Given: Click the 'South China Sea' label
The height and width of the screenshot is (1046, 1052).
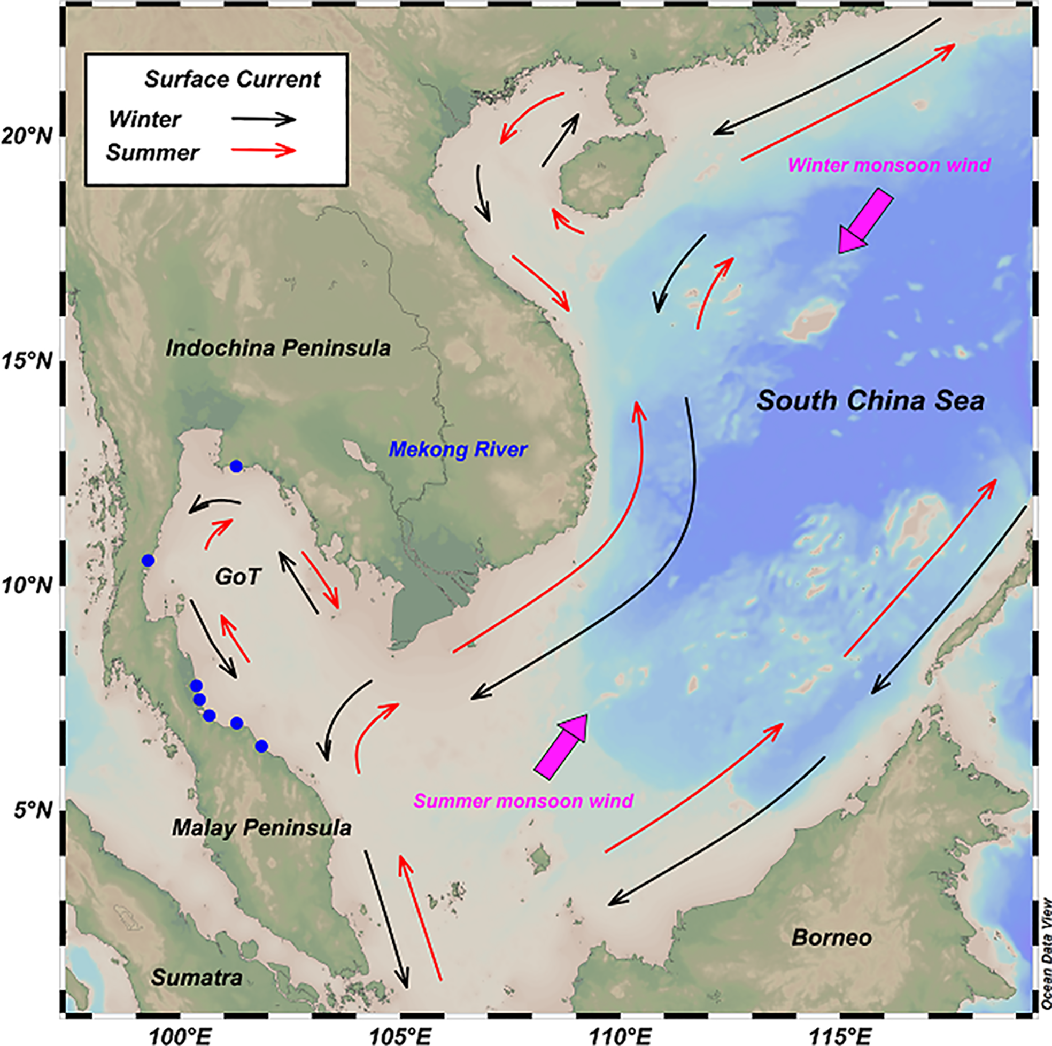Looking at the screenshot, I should [871, 401].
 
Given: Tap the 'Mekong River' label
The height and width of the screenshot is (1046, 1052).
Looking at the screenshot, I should [458, 450].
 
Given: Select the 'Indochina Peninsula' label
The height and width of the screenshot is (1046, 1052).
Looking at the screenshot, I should [279, 348].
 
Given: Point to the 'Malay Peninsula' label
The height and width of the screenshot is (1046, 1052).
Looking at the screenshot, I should [262, 828].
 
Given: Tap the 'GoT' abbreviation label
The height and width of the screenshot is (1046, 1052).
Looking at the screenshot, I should [238, 577].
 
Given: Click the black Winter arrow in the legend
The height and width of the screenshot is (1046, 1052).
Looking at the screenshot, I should [264, 119].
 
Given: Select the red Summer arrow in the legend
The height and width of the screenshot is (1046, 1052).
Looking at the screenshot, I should [264, 151].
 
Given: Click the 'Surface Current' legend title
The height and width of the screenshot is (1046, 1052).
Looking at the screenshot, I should [233, 80].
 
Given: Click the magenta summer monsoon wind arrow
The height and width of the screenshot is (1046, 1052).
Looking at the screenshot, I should [561, 746].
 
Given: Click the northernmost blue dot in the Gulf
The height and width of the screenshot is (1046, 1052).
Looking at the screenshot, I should [236, 466].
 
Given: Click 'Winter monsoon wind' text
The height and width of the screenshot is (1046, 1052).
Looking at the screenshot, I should [888, 165].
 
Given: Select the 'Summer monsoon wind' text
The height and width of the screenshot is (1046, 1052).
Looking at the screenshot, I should [523, 801].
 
